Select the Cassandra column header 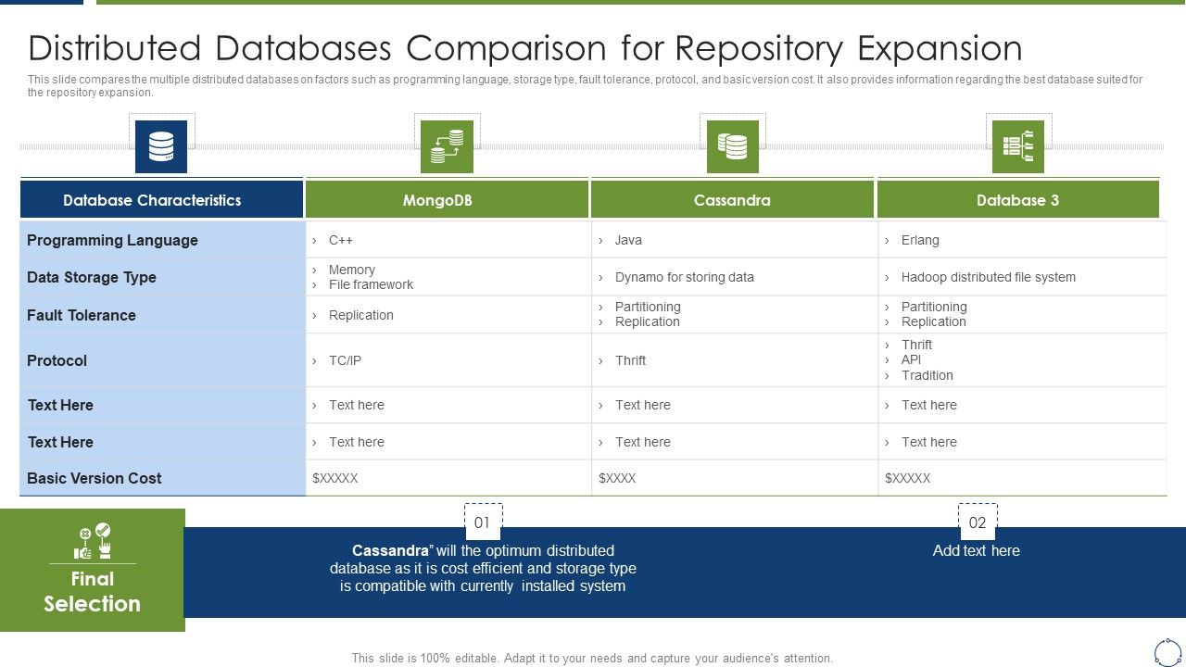[732, 200]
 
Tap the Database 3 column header [1017, 200]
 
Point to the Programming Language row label [112, 240]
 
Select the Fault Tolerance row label [82, 315]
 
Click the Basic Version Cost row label [95, 478]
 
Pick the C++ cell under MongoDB [340, 240]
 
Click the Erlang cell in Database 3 [919, 240]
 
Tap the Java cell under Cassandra [627, 240]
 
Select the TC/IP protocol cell [345, 360]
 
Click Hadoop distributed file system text [988, 277]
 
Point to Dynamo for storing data [684, 277]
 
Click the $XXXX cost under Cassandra [617, 478]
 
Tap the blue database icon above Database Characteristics [161, 146]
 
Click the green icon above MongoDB [447, 146]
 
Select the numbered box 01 [483, 522]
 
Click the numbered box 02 [978, 522]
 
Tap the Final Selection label [92, 591]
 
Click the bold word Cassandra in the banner [390, 550]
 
